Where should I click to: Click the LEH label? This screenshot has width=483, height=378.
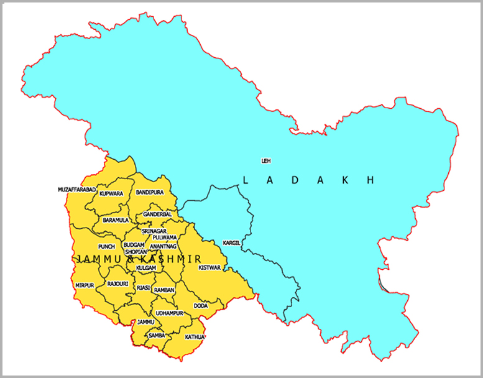(x=265, y=161)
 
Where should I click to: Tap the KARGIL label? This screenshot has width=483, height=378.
(x=231, y=242)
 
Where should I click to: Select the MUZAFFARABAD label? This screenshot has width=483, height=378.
(x=77, y=189)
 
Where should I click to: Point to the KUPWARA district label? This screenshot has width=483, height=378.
(x=111, y=194)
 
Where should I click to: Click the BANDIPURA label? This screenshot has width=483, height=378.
(x=150, y=193)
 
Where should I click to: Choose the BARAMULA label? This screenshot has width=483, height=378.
(x=116, y=220)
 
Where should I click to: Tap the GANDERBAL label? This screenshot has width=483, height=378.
(x=157, y=214)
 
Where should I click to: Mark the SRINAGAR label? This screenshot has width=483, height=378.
(x=154, y=231)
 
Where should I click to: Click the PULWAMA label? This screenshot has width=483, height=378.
(x=165, y=237)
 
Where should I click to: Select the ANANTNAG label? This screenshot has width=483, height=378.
(x=163, y=246)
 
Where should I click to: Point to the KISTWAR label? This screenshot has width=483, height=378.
(x=209, y=267)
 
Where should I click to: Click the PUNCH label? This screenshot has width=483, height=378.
(x=106, y=247)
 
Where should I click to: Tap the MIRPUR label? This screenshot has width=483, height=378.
(x=84, y=285)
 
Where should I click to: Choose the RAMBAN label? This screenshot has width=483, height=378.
(x=164, y=290)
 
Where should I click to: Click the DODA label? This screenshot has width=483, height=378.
(x=201, y=306)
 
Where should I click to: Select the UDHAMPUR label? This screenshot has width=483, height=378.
(x=168, y=313)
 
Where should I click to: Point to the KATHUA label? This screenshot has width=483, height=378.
(x=195, y=337)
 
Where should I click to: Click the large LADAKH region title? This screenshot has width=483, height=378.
(x=309, y=180)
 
